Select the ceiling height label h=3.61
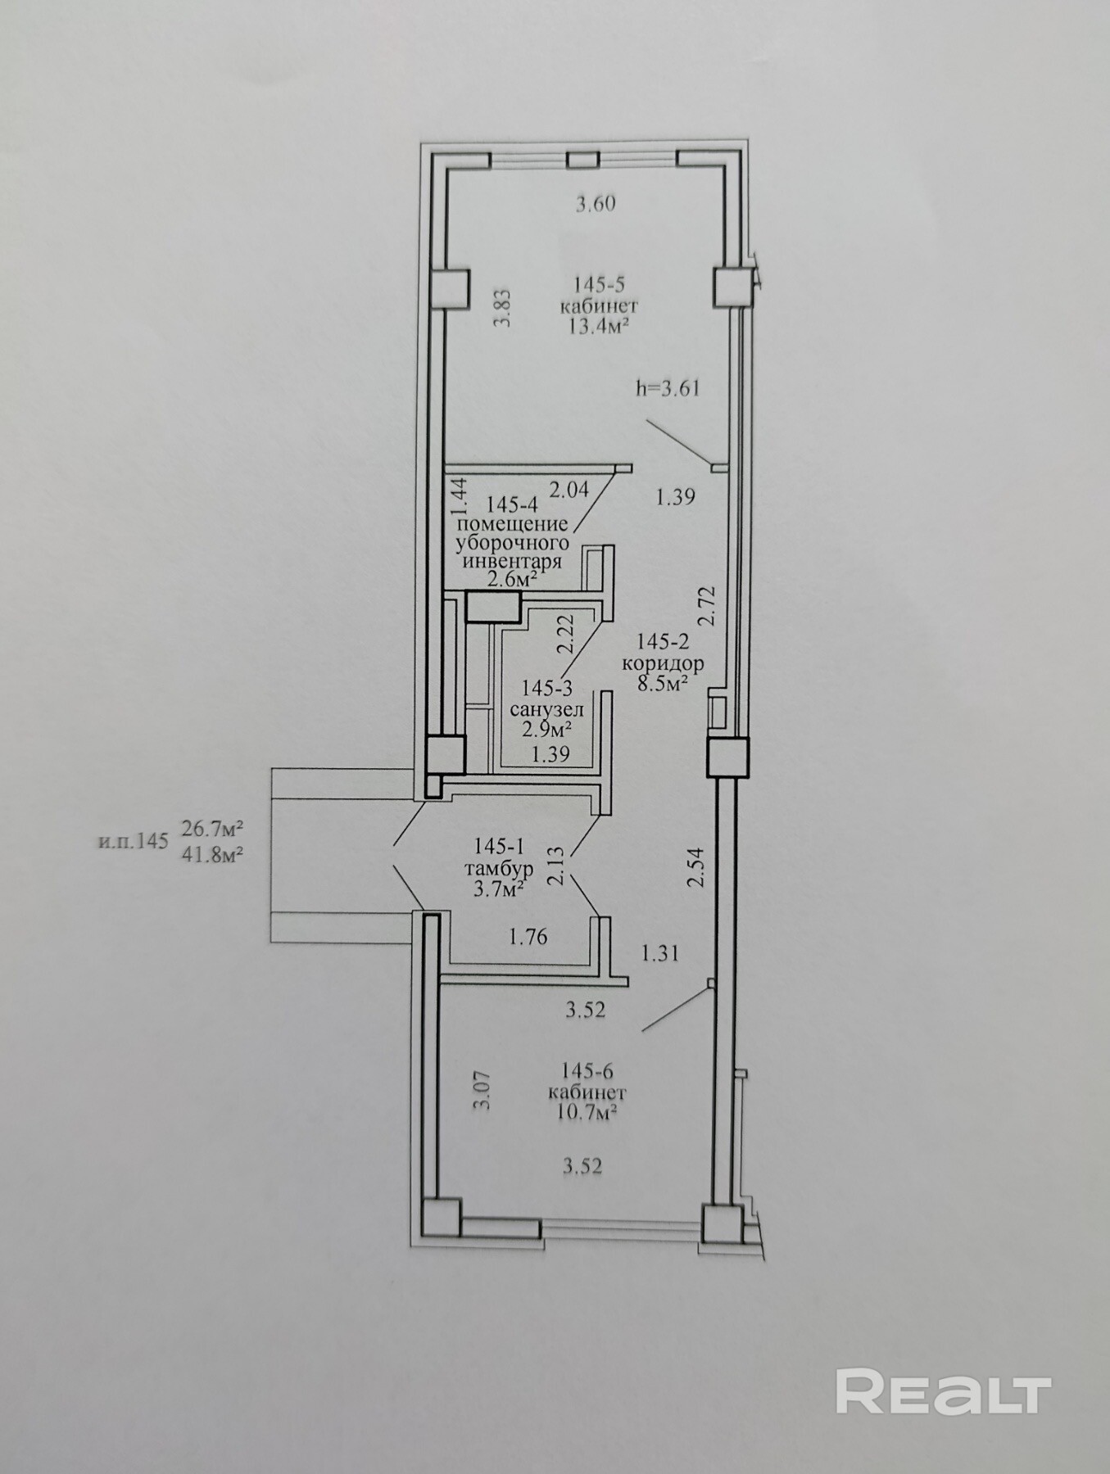668,388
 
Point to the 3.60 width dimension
596,204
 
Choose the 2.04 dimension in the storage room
569,490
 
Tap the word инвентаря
512,562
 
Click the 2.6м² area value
512,580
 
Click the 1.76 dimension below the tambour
528,937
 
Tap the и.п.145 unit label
132,841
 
